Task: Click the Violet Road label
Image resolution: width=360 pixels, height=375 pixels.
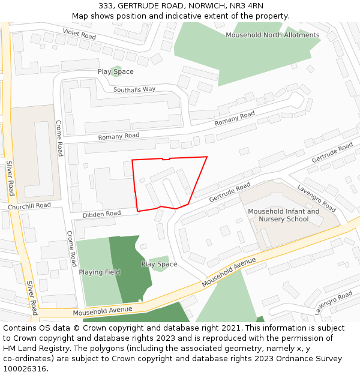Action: pos(79,33)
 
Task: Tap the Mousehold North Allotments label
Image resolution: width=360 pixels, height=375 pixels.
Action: pos(272,35)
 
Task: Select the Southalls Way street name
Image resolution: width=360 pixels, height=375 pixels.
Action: pos(134,89)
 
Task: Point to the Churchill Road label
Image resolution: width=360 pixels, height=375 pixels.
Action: pos(29,206)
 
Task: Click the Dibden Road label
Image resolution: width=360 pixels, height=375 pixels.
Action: pos(101,214)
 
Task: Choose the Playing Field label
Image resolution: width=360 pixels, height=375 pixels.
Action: pos(100,272)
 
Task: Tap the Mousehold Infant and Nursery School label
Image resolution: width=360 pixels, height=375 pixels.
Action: pos(284,215)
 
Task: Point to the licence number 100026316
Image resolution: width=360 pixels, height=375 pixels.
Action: pos(25,369)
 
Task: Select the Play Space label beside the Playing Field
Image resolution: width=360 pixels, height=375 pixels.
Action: pos(159,264)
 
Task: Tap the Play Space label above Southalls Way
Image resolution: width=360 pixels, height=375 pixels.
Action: pos(116,72)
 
